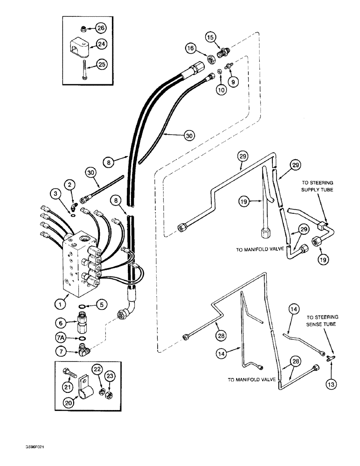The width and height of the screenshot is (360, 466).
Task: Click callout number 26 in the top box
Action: (101, 28)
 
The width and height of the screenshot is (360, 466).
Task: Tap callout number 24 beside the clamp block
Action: (101, 45)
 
